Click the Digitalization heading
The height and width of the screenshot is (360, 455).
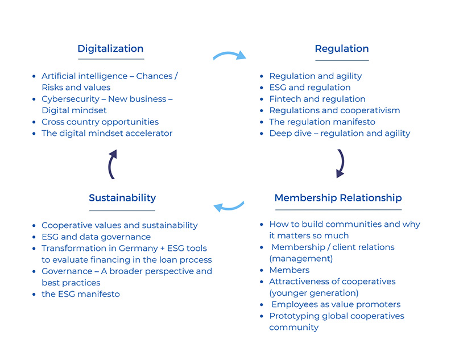110,49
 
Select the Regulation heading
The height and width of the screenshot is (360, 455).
342,49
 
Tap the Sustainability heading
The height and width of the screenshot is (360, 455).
122,198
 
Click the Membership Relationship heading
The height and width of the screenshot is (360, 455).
338,198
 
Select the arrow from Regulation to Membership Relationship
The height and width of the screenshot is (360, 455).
343,163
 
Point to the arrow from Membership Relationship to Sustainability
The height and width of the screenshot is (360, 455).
229,208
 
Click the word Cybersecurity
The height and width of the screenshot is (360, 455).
71,99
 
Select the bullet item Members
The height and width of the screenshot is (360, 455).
289,270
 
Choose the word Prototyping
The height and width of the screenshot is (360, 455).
290,316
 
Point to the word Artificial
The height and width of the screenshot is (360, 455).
59,76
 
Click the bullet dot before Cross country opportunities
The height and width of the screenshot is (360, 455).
34,122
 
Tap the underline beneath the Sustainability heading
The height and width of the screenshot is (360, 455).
122,210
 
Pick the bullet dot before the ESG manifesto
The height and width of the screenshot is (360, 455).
34,295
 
